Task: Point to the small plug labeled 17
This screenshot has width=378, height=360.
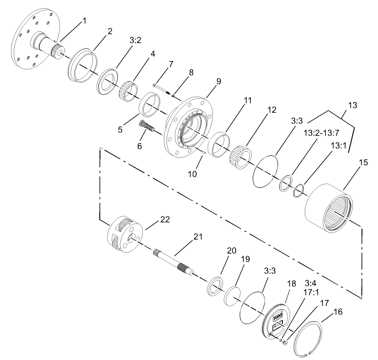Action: pyautogui.click(x=285, y=342)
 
